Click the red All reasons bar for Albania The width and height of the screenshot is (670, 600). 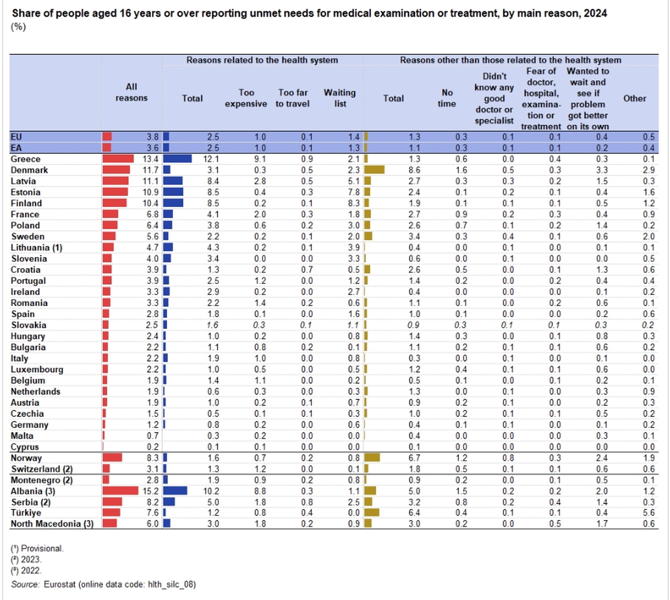[x=120, y=491]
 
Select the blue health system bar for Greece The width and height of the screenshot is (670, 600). [x=178, y=159]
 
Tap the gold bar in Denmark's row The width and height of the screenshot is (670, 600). [x=374, y=170]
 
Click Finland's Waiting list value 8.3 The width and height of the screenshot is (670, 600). [x=353, y=203]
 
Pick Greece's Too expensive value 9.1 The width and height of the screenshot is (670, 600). [x=260, y=159]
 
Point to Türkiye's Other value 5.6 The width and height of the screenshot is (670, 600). [x=649, y=513]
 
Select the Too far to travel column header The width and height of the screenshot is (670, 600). [x=292, y=98]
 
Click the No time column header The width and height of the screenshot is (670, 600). [x=447, y=98]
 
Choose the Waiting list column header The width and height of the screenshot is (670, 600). [x=340, y=98]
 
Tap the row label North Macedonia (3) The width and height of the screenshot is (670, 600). [x=52, y=524]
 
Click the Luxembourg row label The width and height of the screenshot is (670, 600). [x=37, y=369]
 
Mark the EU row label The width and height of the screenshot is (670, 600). [x=16, y=137]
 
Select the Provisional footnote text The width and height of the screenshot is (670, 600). [x=42, y=548]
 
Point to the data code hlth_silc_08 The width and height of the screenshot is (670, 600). [x=172, y=584]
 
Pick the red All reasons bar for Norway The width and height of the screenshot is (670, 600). [x=112, y=458]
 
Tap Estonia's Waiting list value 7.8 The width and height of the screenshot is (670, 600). [x=353, y=192]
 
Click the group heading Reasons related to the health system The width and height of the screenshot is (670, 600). [x=262, y=60]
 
